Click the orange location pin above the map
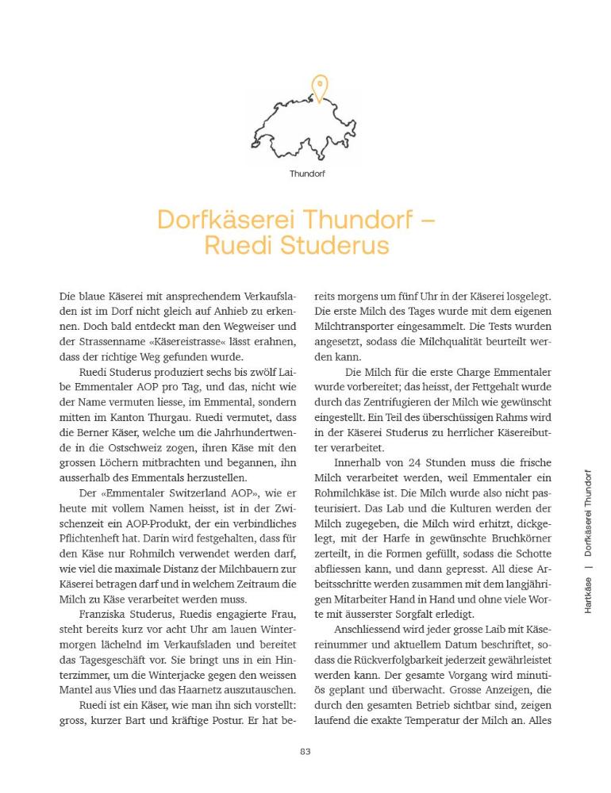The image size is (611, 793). pyautogui.click(x=319, y=87)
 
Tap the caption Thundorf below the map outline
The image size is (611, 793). pyautogui.click(x=307, y=173)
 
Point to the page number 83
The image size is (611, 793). pyautogui.click(x=305, y=752)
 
